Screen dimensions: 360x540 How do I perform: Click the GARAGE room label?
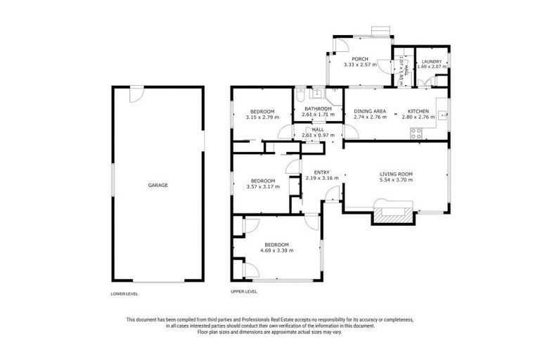click(x=157, y=185)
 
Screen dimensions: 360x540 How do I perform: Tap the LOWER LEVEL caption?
click(x=124, y=293)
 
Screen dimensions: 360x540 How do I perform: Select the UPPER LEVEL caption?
click(x=244, y=291)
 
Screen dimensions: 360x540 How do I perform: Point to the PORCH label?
click(x=351, y=58)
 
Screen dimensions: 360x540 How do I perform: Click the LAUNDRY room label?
click(x=432, y=62)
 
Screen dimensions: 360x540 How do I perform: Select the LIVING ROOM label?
click(x=396, y=174)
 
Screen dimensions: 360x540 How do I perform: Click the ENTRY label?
click(x=322, y=172)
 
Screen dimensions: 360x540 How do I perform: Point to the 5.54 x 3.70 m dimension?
click(x=396, y=180)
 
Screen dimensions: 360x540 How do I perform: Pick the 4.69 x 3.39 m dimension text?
click(x=276, y=250)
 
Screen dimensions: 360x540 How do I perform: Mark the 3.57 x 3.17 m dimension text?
click(x=263, y=186)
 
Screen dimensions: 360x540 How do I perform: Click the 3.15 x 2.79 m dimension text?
click(x=262, y=117)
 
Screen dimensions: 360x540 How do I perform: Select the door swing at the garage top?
click(x=136, y=93)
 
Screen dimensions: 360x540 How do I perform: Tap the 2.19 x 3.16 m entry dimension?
click(x=322, y=179)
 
